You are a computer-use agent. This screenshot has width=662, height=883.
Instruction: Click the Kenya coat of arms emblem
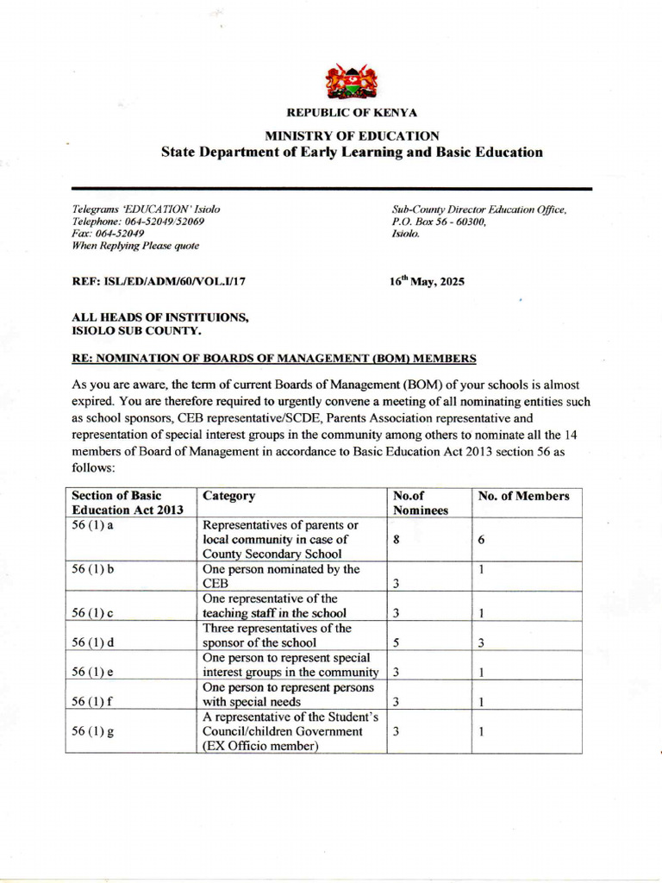click(352, 81)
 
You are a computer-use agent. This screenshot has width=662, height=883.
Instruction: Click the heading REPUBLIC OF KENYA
click(352, 113)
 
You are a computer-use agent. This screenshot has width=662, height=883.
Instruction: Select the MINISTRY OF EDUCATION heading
click(352, 135)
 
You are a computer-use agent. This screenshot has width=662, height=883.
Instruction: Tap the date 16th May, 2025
click(428, 281)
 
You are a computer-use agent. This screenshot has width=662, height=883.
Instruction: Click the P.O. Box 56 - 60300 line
click(439, 222)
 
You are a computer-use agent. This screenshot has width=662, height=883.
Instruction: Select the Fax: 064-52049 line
click(108, 233)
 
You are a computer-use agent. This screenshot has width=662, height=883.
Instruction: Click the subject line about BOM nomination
click(274, 358)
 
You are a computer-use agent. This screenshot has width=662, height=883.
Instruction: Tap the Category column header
click(228, 496)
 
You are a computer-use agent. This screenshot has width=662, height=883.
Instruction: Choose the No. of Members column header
click(524, 496)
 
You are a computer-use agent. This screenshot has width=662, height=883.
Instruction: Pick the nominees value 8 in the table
click(397, 540)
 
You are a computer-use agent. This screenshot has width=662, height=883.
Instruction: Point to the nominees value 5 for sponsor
click(396, 642)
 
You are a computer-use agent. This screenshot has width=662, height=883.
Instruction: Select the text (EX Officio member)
click(261, 747)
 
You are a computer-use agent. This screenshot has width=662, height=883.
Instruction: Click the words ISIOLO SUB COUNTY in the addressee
click(137, 330)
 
